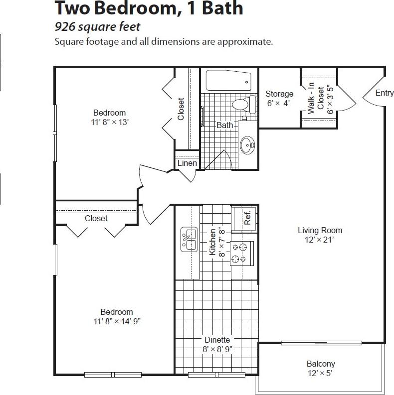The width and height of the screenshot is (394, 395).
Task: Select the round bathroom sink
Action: [x=247, y=145]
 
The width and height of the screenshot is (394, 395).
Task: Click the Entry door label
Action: [x=384, y=93]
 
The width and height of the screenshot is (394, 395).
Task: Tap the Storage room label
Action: [x=279, y=94]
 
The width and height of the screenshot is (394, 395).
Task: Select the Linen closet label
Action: [x=187, y=163]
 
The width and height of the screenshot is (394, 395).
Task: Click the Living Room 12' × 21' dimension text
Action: [x=320, y=240]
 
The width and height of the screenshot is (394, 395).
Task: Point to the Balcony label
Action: [x=321, y=364]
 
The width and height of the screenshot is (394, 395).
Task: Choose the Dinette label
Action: [x=216, y=340]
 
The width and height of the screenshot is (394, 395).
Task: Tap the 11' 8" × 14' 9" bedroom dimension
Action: [x=117, y=321]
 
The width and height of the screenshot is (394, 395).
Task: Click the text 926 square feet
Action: [x=97, y=27]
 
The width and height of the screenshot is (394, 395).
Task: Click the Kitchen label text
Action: [x=213, y=242]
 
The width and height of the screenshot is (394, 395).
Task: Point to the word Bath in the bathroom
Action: [x=224, y=126]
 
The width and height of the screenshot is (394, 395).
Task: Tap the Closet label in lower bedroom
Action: [x=96, y=218]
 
